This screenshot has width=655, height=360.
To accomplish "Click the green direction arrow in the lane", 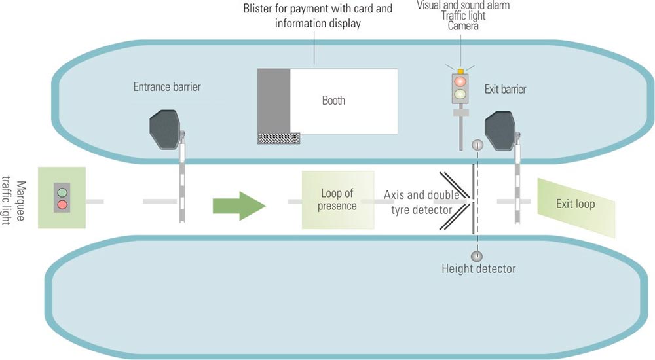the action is [x=239, y=206].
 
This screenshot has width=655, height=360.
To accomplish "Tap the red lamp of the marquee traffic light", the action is [x=62, y=205].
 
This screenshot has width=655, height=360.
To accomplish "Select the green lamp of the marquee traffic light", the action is [x=62, y=192].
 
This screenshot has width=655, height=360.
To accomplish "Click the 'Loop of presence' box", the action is [x=338, y=200].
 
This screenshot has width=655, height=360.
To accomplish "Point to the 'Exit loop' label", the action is [x=575, y=204].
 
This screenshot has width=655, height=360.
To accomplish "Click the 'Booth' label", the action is [x=333, y=101].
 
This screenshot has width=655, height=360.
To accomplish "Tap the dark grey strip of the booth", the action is [x=274, y=101].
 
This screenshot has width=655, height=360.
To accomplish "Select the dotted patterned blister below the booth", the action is [x=278, y=138].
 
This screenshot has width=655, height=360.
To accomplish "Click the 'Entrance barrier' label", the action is [x=167, y=87].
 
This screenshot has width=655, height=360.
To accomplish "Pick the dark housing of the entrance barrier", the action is [x=165, y=129].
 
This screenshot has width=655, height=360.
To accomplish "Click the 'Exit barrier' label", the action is [x=505, y=89].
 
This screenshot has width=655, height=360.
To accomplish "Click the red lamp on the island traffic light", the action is [x=460, y=81].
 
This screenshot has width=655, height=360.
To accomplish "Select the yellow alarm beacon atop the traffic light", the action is [x=460, y=71].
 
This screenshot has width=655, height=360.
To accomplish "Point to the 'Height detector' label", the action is [x=479, y=268].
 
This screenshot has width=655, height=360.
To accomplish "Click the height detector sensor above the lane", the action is [x=477, y=145].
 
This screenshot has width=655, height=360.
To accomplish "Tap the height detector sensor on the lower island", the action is [x=477, y=256].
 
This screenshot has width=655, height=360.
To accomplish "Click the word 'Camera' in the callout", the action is [x=463, y=26].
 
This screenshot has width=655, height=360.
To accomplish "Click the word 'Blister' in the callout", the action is [x=257, y=9].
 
